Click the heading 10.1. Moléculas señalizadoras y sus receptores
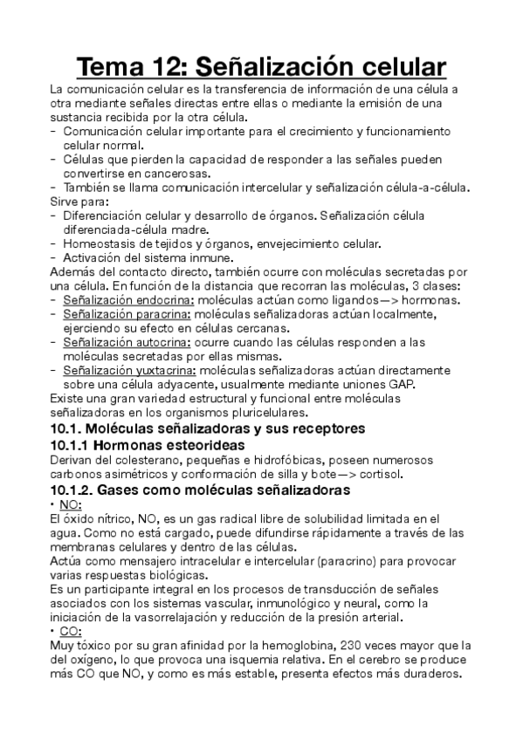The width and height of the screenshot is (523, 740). [x=208, y=428]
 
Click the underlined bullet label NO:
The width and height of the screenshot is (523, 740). [x=72, y=505]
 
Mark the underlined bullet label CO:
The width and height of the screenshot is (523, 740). [x=72, y=631]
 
